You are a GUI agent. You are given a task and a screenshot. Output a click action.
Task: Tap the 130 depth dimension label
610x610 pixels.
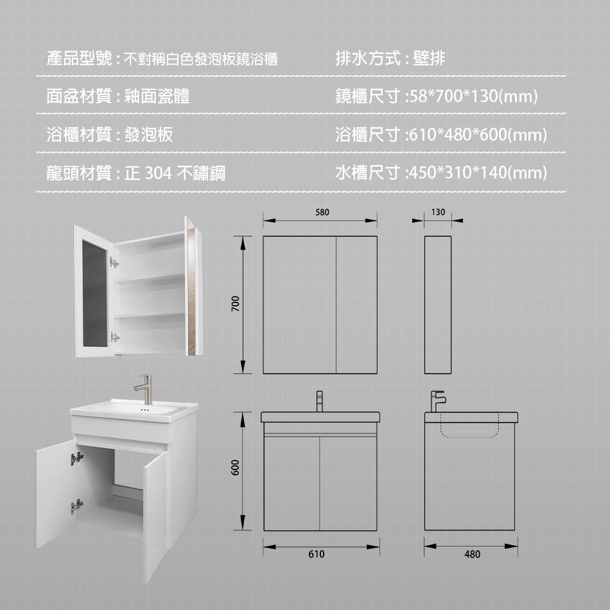(438, 211)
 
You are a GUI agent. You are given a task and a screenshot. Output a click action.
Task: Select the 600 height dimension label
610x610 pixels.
(236, 467)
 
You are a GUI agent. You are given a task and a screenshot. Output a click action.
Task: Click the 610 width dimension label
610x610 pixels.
(317, 554)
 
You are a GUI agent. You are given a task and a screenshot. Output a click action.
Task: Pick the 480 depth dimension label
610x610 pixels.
(472, 554)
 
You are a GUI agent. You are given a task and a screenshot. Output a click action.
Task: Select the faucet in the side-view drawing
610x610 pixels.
(438, 401)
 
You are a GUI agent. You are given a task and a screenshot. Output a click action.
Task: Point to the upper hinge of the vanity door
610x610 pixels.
(77, 458)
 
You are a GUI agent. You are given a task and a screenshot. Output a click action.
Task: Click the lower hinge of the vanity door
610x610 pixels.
(76, 506)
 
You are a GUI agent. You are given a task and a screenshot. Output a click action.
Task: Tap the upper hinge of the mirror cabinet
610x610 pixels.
(114, 262)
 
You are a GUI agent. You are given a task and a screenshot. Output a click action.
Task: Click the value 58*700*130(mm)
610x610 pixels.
(473, 97)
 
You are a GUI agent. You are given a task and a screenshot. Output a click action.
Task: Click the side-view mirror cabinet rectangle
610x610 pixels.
(438, 304)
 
